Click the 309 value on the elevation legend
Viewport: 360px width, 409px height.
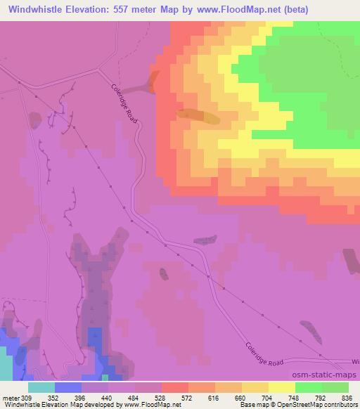tap(27, 398)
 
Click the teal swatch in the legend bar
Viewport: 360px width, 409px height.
tap(41, 387)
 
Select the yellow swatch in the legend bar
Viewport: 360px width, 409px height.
tap(282, 387)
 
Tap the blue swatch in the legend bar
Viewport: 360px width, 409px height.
tap(68, 387)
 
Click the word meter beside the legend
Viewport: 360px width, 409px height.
tap(11, 398)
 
